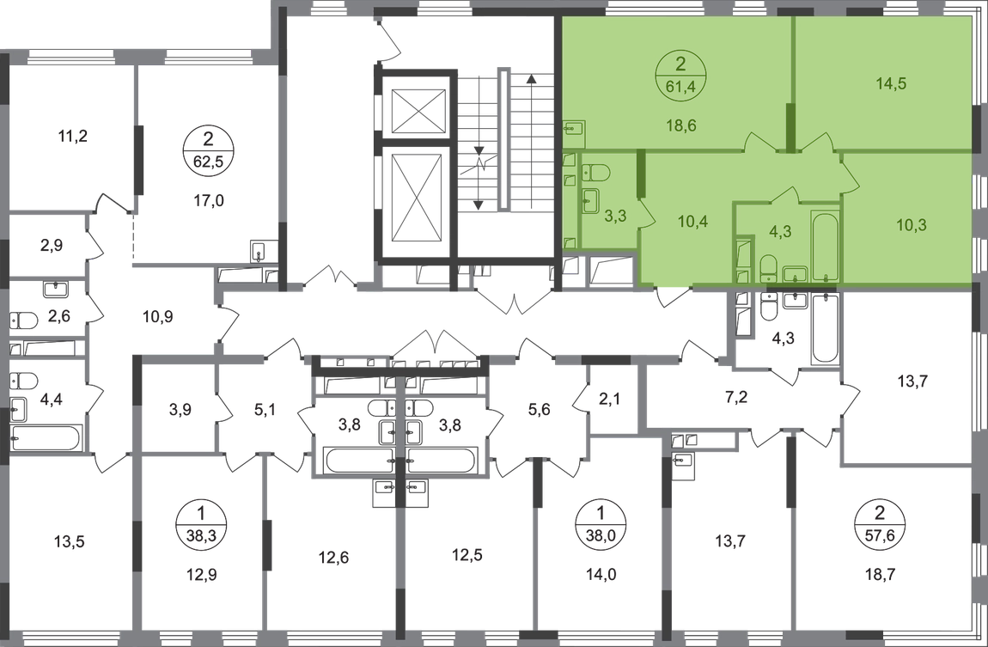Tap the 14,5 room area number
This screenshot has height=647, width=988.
(x=891, y=83)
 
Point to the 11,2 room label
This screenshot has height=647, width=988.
(x=72, y=136)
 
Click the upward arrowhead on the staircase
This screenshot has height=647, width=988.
(x=532, y=79)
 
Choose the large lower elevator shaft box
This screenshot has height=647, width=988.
(x=419, y=197)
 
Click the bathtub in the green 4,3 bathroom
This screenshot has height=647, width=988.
(x=826, y=246)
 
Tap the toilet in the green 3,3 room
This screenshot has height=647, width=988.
(x=595, y=171)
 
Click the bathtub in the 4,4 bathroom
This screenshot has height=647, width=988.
(x=46, y=438)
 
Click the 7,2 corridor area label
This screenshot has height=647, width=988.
(x=736, y=397)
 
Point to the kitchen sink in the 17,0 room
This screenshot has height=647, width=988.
(x=259, y=251)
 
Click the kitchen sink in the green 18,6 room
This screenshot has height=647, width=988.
(x=574, y=130)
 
